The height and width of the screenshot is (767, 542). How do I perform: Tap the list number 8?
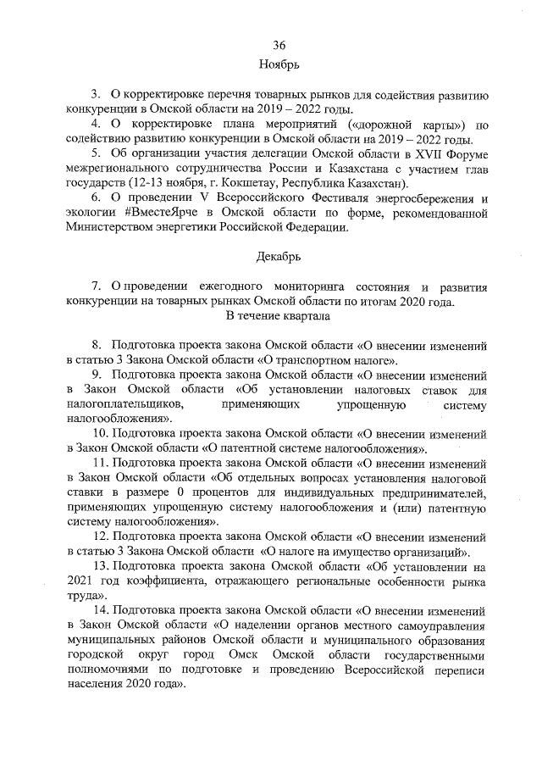click(x=96, y=345)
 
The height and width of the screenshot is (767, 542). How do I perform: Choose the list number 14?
click(x=99, y=609)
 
